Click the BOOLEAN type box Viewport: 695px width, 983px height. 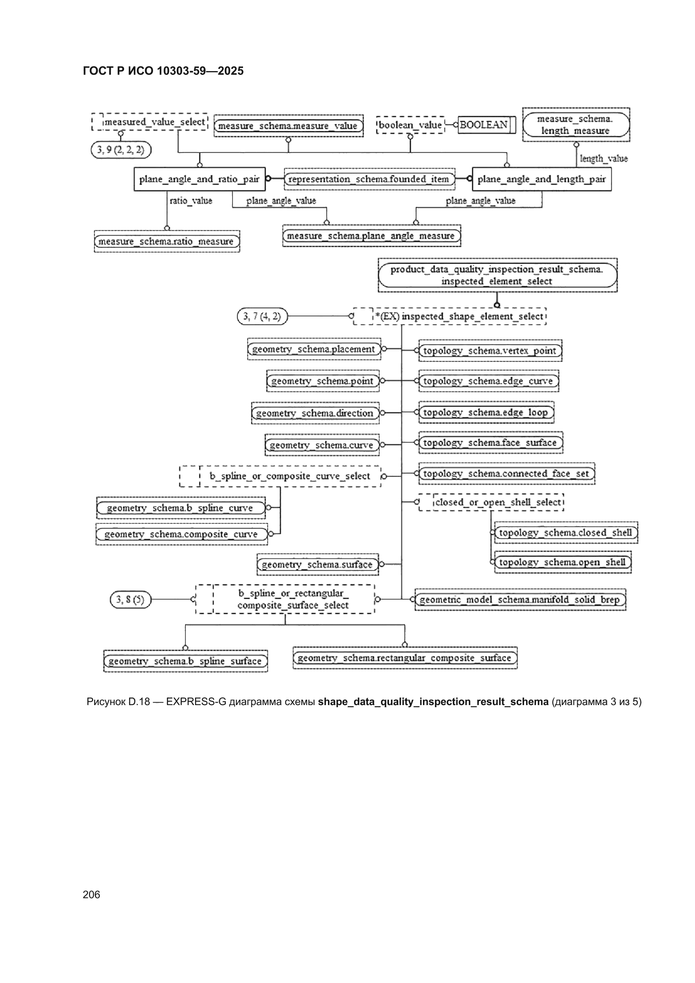coord(486,125)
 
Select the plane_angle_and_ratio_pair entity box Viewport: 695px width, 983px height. coord(200,179)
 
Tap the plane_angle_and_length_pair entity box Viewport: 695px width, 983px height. coord(542,179)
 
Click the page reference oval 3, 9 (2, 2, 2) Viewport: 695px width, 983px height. coord(121,150)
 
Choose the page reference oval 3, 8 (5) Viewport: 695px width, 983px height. coord(131,600)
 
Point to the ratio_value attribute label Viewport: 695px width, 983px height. coord(191,201)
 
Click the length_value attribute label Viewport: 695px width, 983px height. coord(604,159)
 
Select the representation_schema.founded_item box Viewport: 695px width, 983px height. coord(370,179)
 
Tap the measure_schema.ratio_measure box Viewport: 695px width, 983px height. coord(167,241)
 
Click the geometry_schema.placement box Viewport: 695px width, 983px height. coord(314,349)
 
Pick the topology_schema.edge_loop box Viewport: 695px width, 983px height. coord(486,412)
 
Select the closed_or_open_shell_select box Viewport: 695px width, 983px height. coord(491,502)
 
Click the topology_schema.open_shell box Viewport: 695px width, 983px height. coord(563,562)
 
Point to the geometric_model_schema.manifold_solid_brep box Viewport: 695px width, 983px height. coord(520,600)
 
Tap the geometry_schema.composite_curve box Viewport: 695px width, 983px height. coord(182,534)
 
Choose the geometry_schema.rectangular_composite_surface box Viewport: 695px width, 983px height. coord(405,658)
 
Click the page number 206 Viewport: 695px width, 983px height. coord(91,895)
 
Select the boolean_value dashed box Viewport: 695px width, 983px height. coord(410,125)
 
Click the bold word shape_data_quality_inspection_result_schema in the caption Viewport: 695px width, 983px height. coord(433,702)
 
